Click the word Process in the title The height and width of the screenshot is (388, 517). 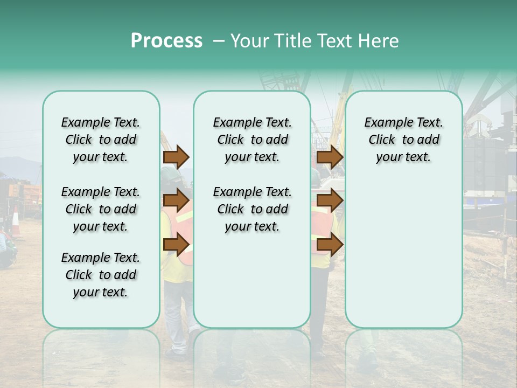pos(166,41)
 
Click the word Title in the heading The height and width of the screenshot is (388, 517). pos(291,41)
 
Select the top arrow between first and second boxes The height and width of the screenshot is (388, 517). pos(176,157)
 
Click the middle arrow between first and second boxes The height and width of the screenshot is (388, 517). pos(176,200)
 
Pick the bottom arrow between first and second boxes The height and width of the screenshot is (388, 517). pos(176,245)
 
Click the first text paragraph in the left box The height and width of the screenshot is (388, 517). pos(101,140)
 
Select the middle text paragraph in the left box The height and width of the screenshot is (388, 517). pos(101,209)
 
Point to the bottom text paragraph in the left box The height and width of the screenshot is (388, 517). pos(101,275)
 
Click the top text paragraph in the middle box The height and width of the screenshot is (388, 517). pos(252,140)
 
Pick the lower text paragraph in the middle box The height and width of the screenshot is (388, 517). pos(252,209)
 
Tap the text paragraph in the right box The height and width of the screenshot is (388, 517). pos(403,140)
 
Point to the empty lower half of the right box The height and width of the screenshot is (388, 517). pos(403,253)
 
